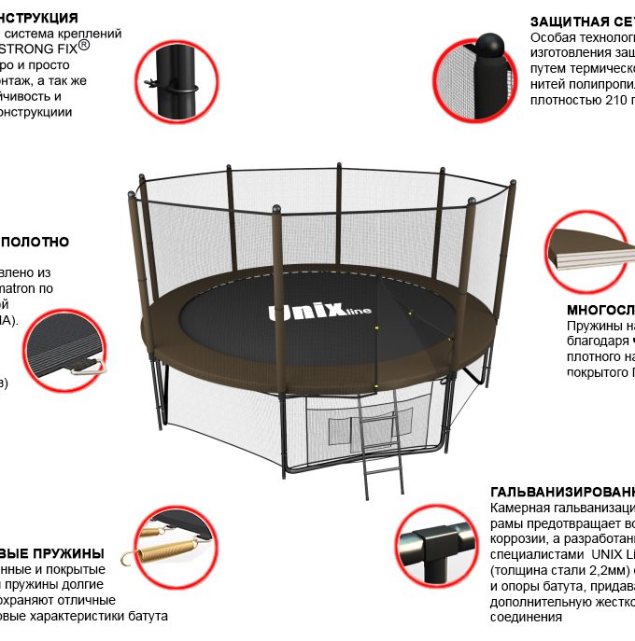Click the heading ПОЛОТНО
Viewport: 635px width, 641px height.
click(35, 242)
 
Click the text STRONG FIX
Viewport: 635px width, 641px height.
click(39, 48)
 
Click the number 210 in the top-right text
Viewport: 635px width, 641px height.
click(609, 100)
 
